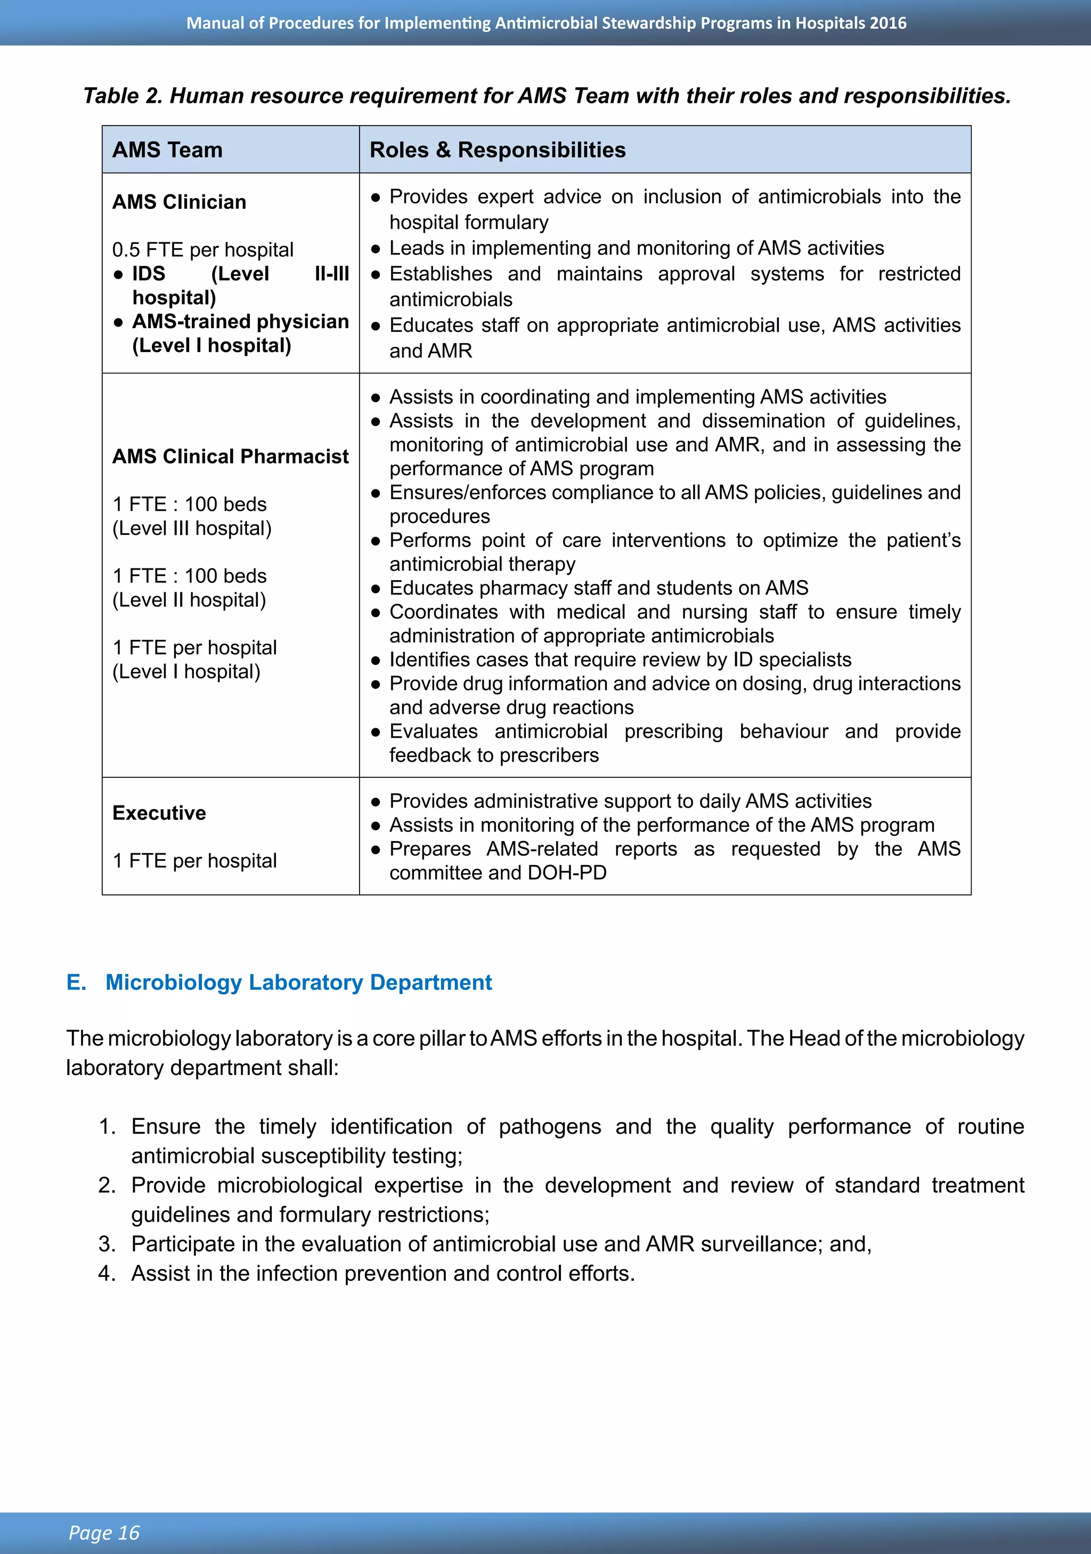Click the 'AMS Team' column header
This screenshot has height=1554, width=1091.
point(167,150)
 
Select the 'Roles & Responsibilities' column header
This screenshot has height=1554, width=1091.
point(498,150)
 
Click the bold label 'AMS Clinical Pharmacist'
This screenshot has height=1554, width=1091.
point(230,456)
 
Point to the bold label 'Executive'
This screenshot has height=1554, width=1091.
point(159,812)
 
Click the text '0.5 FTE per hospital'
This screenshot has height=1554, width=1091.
point(202,250)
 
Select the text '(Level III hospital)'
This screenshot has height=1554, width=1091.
point(192,528)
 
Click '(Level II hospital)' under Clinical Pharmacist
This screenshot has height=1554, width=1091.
point(189,600)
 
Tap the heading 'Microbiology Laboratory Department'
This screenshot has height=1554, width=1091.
point(298,982)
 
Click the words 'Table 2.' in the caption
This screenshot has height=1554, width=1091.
point(123,96)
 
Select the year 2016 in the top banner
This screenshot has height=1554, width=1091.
point(888,23)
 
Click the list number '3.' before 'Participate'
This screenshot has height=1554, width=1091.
point(107,1243)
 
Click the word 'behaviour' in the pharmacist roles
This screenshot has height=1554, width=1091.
point(784,731)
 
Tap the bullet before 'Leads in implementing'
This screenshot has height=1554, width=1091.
point(376,248)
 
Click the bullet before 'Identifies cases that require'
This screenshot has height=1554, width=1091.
point(376,660)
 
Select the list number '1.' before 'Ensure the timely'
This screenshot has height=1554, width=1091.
point(107,1126)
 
